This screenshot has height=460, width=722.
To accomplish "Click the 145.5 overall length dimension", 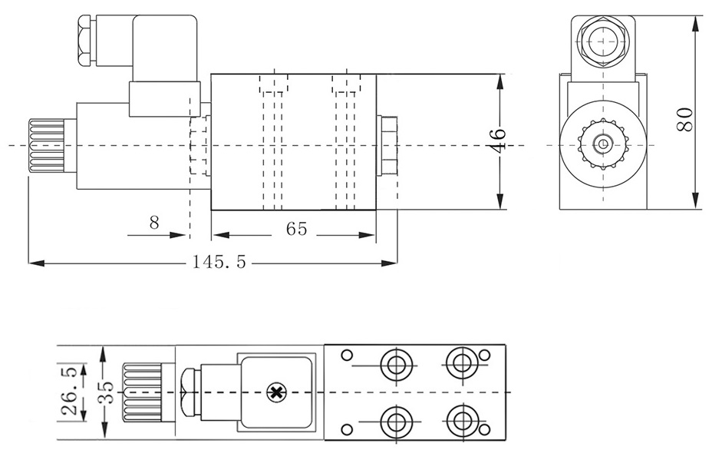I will coord(219,263).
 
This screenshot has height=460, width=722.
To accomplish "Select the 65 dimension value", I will coord(296,230).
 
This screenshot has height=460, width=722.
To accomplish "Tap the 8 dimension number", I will coord(154,223).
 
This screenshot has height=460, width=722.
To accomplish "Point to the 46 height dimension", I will coord(499,140).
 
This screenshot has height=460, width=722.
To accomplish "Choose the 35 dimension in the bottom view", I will coord(105,392).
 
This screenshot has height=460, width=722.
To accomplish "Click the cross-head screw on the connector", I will coord(275,393).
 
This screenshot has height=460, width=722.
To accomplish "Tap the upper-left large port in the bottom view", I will coord(397,362).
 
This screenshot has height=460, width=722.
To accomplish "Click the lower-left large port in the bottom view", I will coord(397,420).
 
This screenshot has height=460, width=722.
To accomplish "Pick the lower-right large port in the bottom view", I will coord(460,420).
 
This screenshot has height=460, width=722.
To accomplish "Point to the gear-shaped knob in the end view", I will coord(603,144).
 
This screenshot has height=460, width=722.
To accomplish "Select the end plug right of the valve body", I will coord(388,144).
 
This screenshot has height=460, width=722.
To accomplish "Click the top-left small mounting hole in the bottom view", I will coord(346,356).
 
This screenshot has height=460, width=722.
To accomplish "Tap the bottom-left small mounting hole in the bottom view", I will coord(346,429).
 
